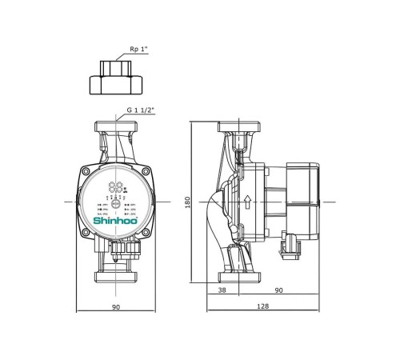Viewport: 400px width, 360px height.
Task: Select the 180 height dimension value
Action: click(186, 202)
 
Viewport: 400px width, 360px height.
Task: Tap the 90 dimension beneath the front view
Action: click(116, 307)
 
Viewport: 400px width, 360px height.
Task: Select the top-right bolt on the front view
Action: click(145, 170)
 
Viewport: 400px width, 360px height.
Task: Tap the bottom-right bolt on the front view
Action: click(145, 234)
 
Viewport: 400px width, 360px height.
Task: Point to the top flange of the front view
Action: click(116, 127)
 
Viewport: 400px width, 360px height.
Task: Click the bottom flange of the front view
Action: click(116, 278)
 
